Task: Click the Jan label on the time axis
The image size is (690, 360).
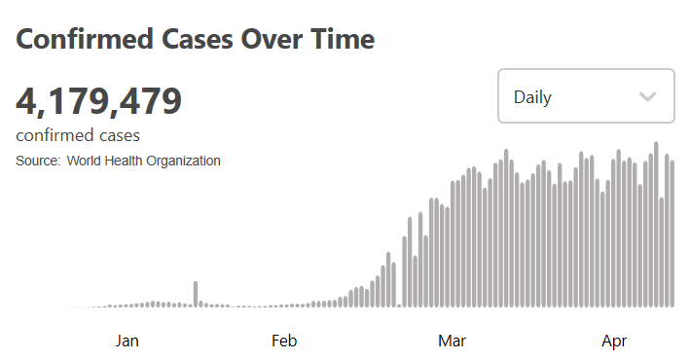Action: tap(127, 341)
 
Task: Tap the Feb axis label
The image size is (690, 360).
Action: tap(284, 341)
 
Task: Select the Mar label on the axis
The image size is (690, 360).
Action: tap(452, 341)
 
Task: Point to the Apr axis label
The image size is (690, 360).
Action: tap(614, 342)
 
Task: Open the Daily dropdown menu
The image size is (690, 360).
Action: tap(586, 96)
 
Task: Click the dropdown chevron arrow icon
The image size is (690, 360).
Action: tap(648, 96)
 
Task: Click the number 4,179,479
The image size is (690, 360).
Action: tap(99, 101)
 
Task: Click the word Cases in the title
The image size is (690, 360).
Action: tap(198, 39)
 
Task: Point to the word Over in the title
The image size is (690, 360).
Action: tap(272, 39)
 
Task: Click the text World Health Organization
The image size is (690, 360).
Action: tap(143, 161)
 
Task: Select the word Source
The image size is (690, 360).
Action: tap(38, 161)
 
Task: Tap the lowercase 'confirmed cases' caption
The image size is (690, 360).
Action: tap(78, 135)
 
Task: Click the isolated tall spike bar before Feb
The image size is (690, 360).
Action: tap(196, 294)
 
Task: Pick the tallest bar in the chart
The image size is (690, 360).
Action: tap(656, 225)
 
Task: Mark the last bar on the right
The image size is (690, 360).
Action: tap(672, 234)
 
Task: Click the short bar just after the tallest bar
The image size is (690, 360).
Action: tap(662, 252)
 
